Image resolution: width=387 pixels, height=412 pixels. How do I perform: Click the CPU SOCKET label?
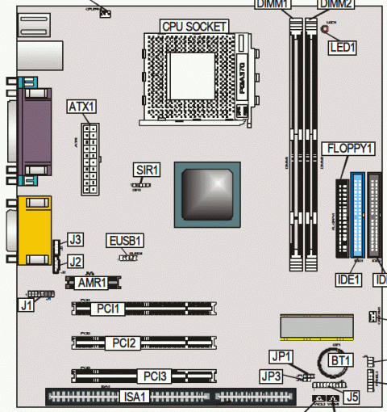point(193,26)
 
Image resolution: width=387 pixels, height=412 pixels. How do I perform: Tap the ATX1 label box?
point(81,107)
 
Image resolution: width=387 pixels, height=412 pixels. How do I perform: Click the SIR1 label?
point(148,170)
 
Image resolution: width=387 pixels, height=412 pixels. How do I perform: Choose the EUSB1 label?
point(125,240)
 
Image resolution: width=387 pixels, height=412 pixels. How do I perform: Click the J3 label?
point(75,239)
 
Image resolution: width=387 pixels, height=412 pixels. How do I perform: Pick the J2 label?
point(75,260)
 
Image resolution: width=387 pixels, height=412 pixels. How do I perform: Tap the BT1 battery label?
point(342,359)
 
